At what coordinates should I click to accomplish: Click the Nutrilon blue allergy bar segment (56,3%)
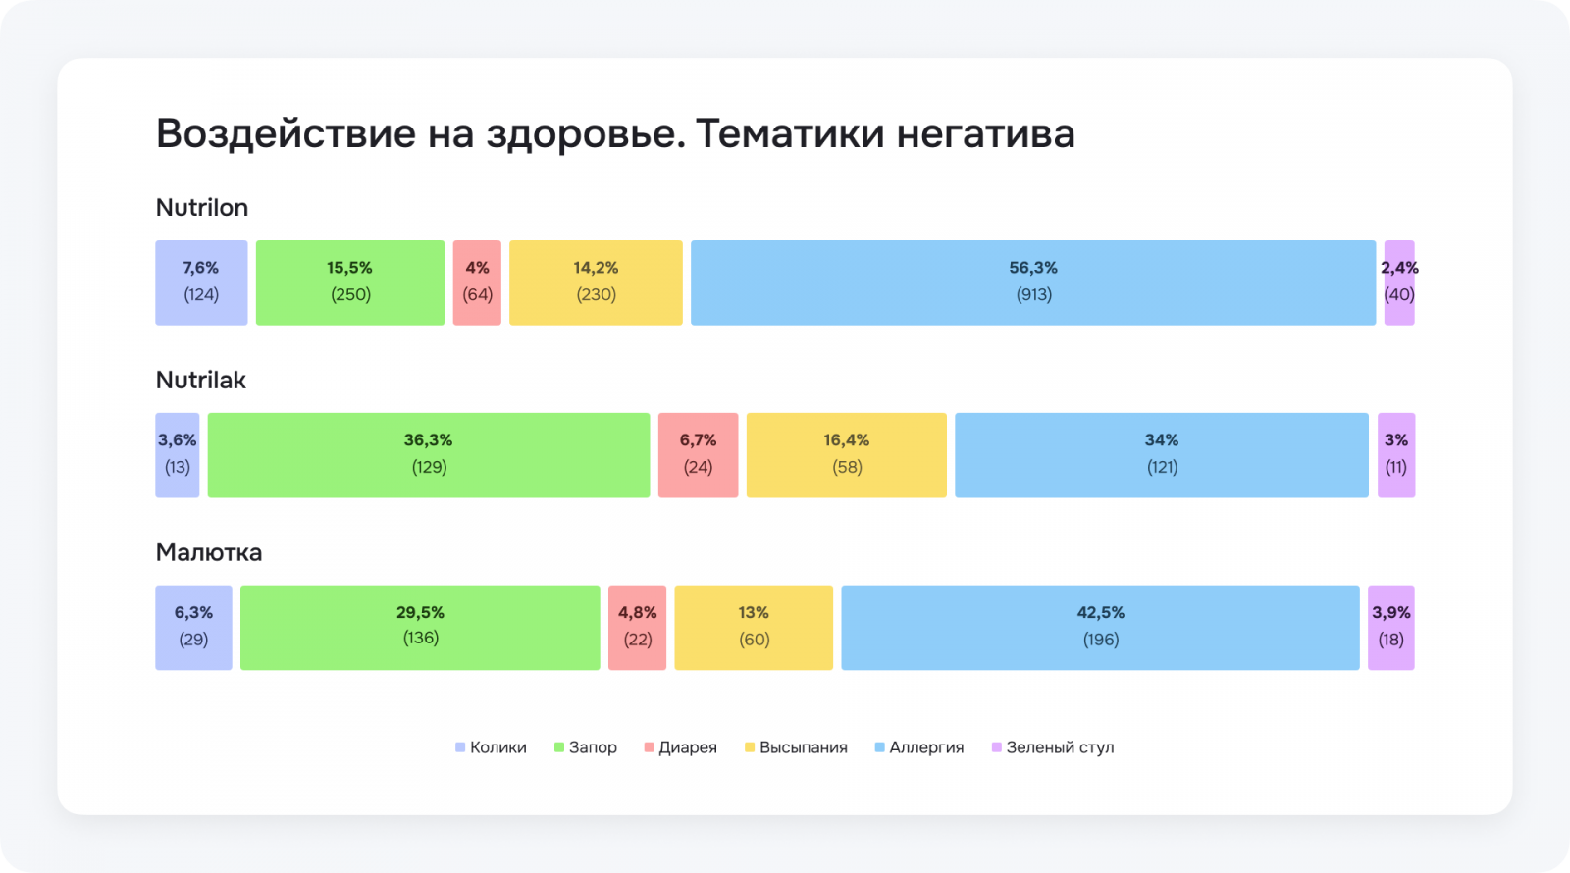point(1032,282)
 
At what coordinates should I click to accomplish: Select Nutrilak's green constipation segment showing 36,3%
point(428,455)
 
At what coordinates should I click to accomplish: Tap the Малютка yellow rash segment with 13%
point(754,628)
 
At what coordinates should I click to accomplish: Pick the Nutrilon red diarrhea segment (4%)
point(477,282)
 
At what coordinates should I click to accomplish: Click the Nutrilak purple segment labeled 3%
point(1395,455)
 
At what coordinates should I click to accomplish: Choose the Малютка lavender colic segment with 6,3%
point(193,628)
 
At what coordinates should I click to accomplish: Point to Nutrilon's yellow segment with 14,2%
point(596,282)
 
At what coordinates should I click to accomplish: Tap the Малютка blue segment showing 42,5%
point(1100,628)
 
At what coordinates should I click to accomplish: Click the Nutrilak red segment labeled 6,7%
point(698,455)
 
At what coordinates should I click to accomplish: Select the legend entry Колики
point(492,747)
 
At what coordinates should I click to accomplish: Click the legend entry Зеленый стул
point(1053,747)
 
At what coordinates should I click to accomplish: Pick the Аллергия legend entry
point(919,747)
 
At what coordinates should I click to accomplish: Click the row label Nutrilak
point(201,381)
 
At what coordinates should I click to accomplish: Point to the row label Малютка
point(209,553)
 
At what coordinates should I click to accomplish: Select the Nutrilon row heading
point(202,208)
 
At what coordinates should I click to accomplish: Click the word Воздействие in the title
point(286,134)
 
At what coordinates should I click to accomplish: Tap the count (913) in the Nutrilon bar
point(1033,294)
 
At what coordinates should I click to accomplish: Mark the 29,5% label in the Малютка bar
point(420,612)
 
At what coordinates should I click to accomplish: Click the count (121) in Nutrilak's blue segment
point(1162,467)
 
